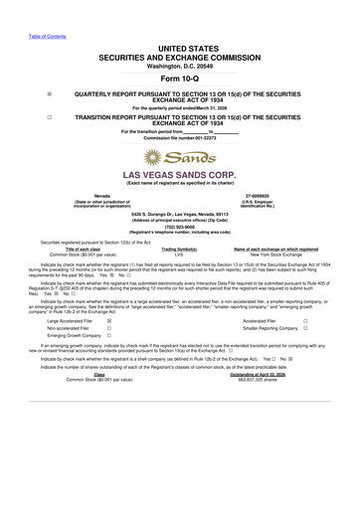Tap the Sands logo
click(179, 157)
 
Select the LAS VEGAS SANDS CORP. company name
click(179, 174)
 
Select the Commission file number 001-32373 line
click(179, 137)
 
